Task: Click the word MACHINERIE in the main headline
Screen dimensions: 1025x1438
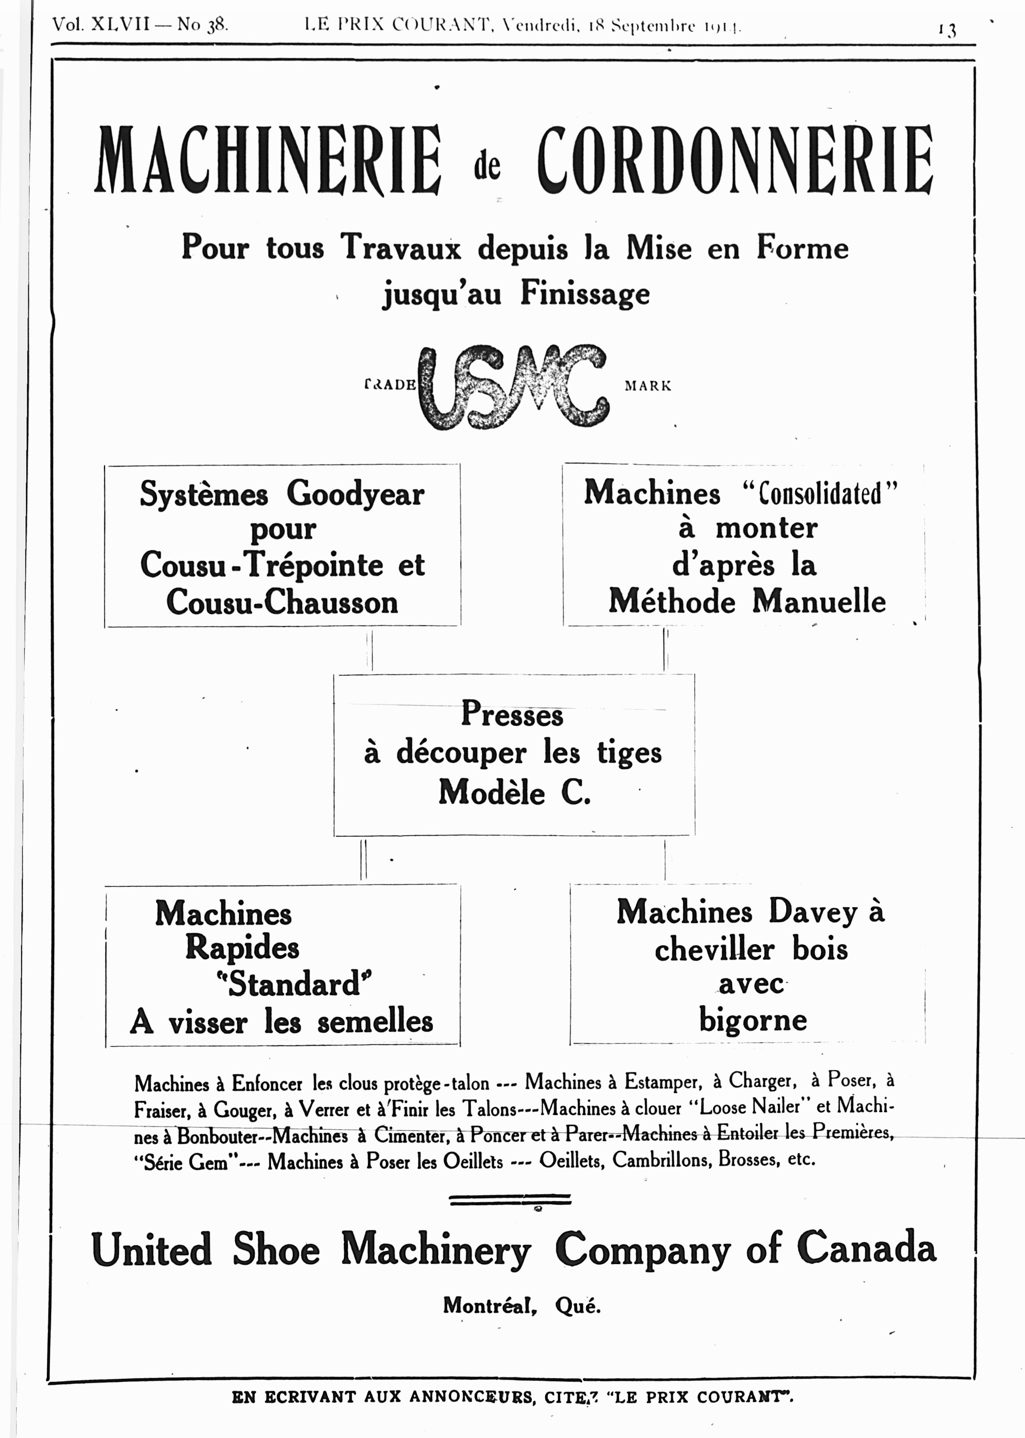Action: (x=267, y=160)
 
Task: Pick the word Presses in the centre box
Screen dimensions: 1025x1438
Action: (x=512, y=714)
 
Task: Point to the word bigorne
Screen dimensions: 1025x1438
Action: (x=752, y=1021)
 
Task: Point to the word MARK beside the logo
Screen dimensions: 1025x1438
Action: (x=648, y=386)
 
